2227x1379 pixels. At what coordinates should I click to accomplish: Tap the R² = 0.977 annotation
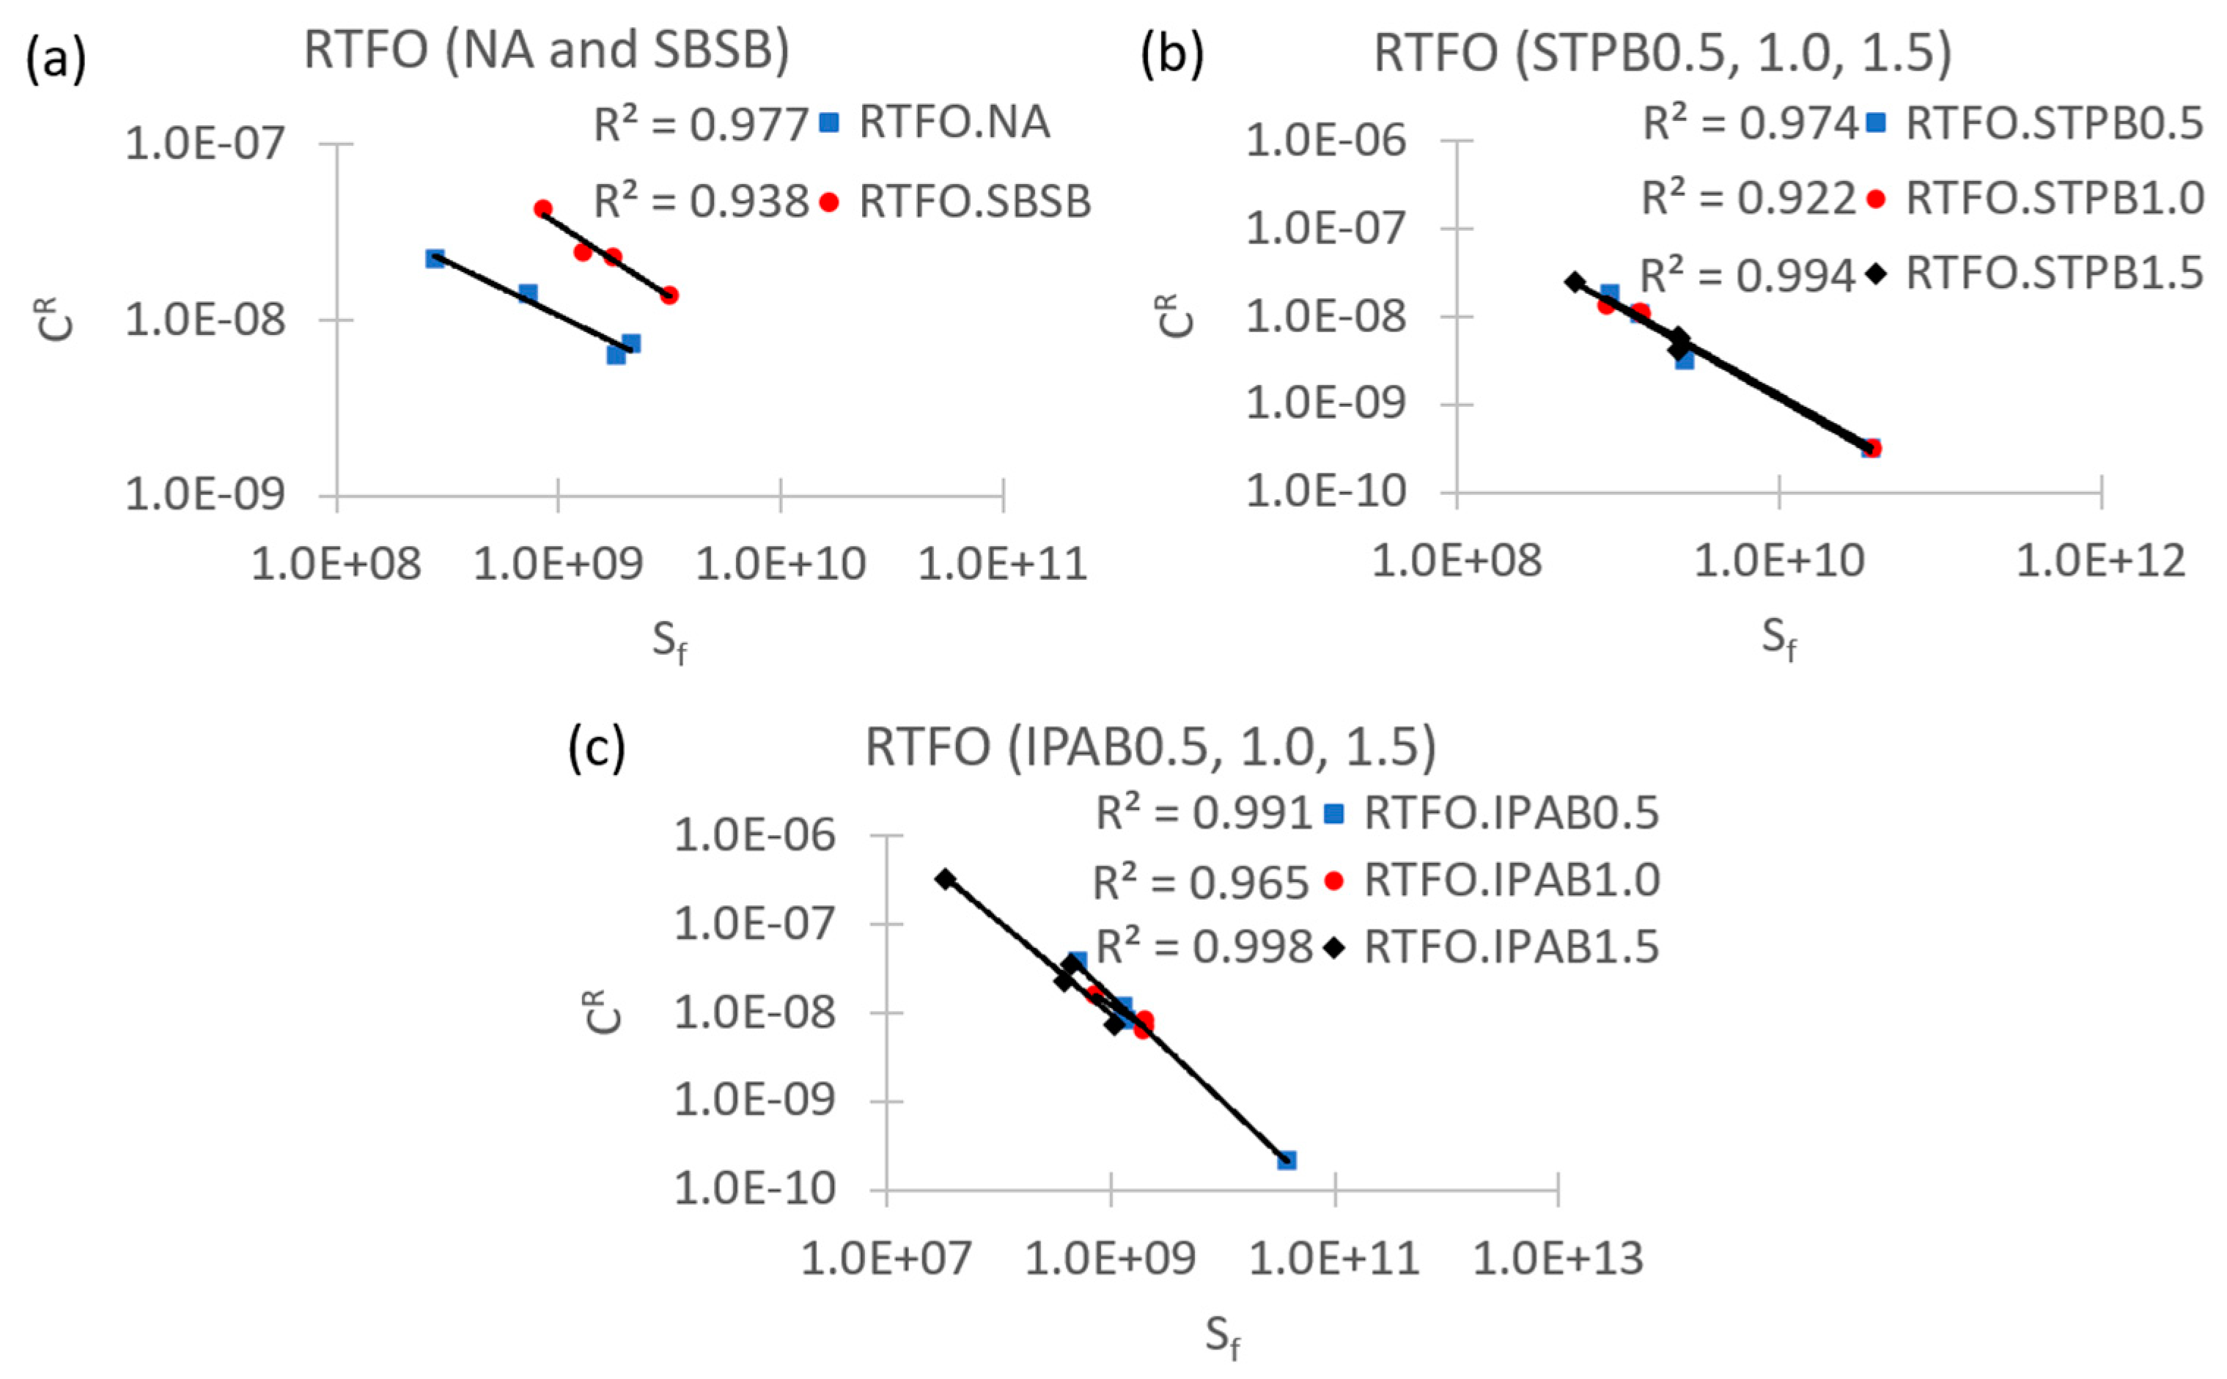click(700, 124)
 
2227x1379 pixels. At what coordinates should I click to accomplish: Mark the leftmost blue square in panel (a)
click(435, 258)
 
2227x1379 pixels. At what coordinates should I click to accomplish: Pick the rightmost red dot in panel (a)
click(669, 295)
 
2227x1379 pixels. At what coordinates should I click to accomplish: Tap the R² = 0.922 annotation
click(1748, 198)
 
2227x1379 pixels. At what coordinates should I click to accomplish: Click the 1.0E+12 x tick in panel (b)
click(2100, 561)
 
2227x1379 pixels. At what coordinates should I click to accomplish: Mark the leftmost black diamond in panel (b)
click(1575, 281)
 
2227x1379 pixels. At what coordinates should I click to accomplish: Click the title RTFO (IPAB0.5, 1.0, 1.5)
click(1150, 747)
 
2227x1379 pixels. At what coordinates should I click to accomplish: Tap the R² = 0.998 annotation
click(1203, 948)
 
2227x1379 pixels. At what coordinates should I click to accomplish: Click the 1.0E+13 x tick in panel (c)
click(1558, 1259)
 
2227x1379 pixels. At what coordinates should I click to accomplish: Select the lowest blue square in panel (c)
click(1286, 1159)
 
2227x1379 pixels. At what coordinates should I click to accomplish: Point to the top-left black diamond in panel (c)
click(945, 878)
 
